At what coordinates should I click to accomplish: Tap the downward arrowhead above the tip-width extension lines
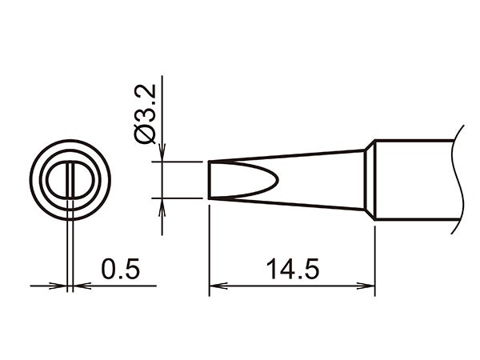click(162, 155)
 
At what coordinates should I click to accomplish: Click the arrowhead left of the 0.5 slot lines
click(62, 285)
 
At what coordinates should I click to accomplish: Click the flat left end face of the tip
click(210, 180)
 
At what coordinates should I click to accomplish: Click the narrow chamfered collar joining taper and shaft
click(370, 180)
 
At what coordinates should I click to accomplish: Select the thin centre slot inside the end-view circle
click(72, 180)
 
